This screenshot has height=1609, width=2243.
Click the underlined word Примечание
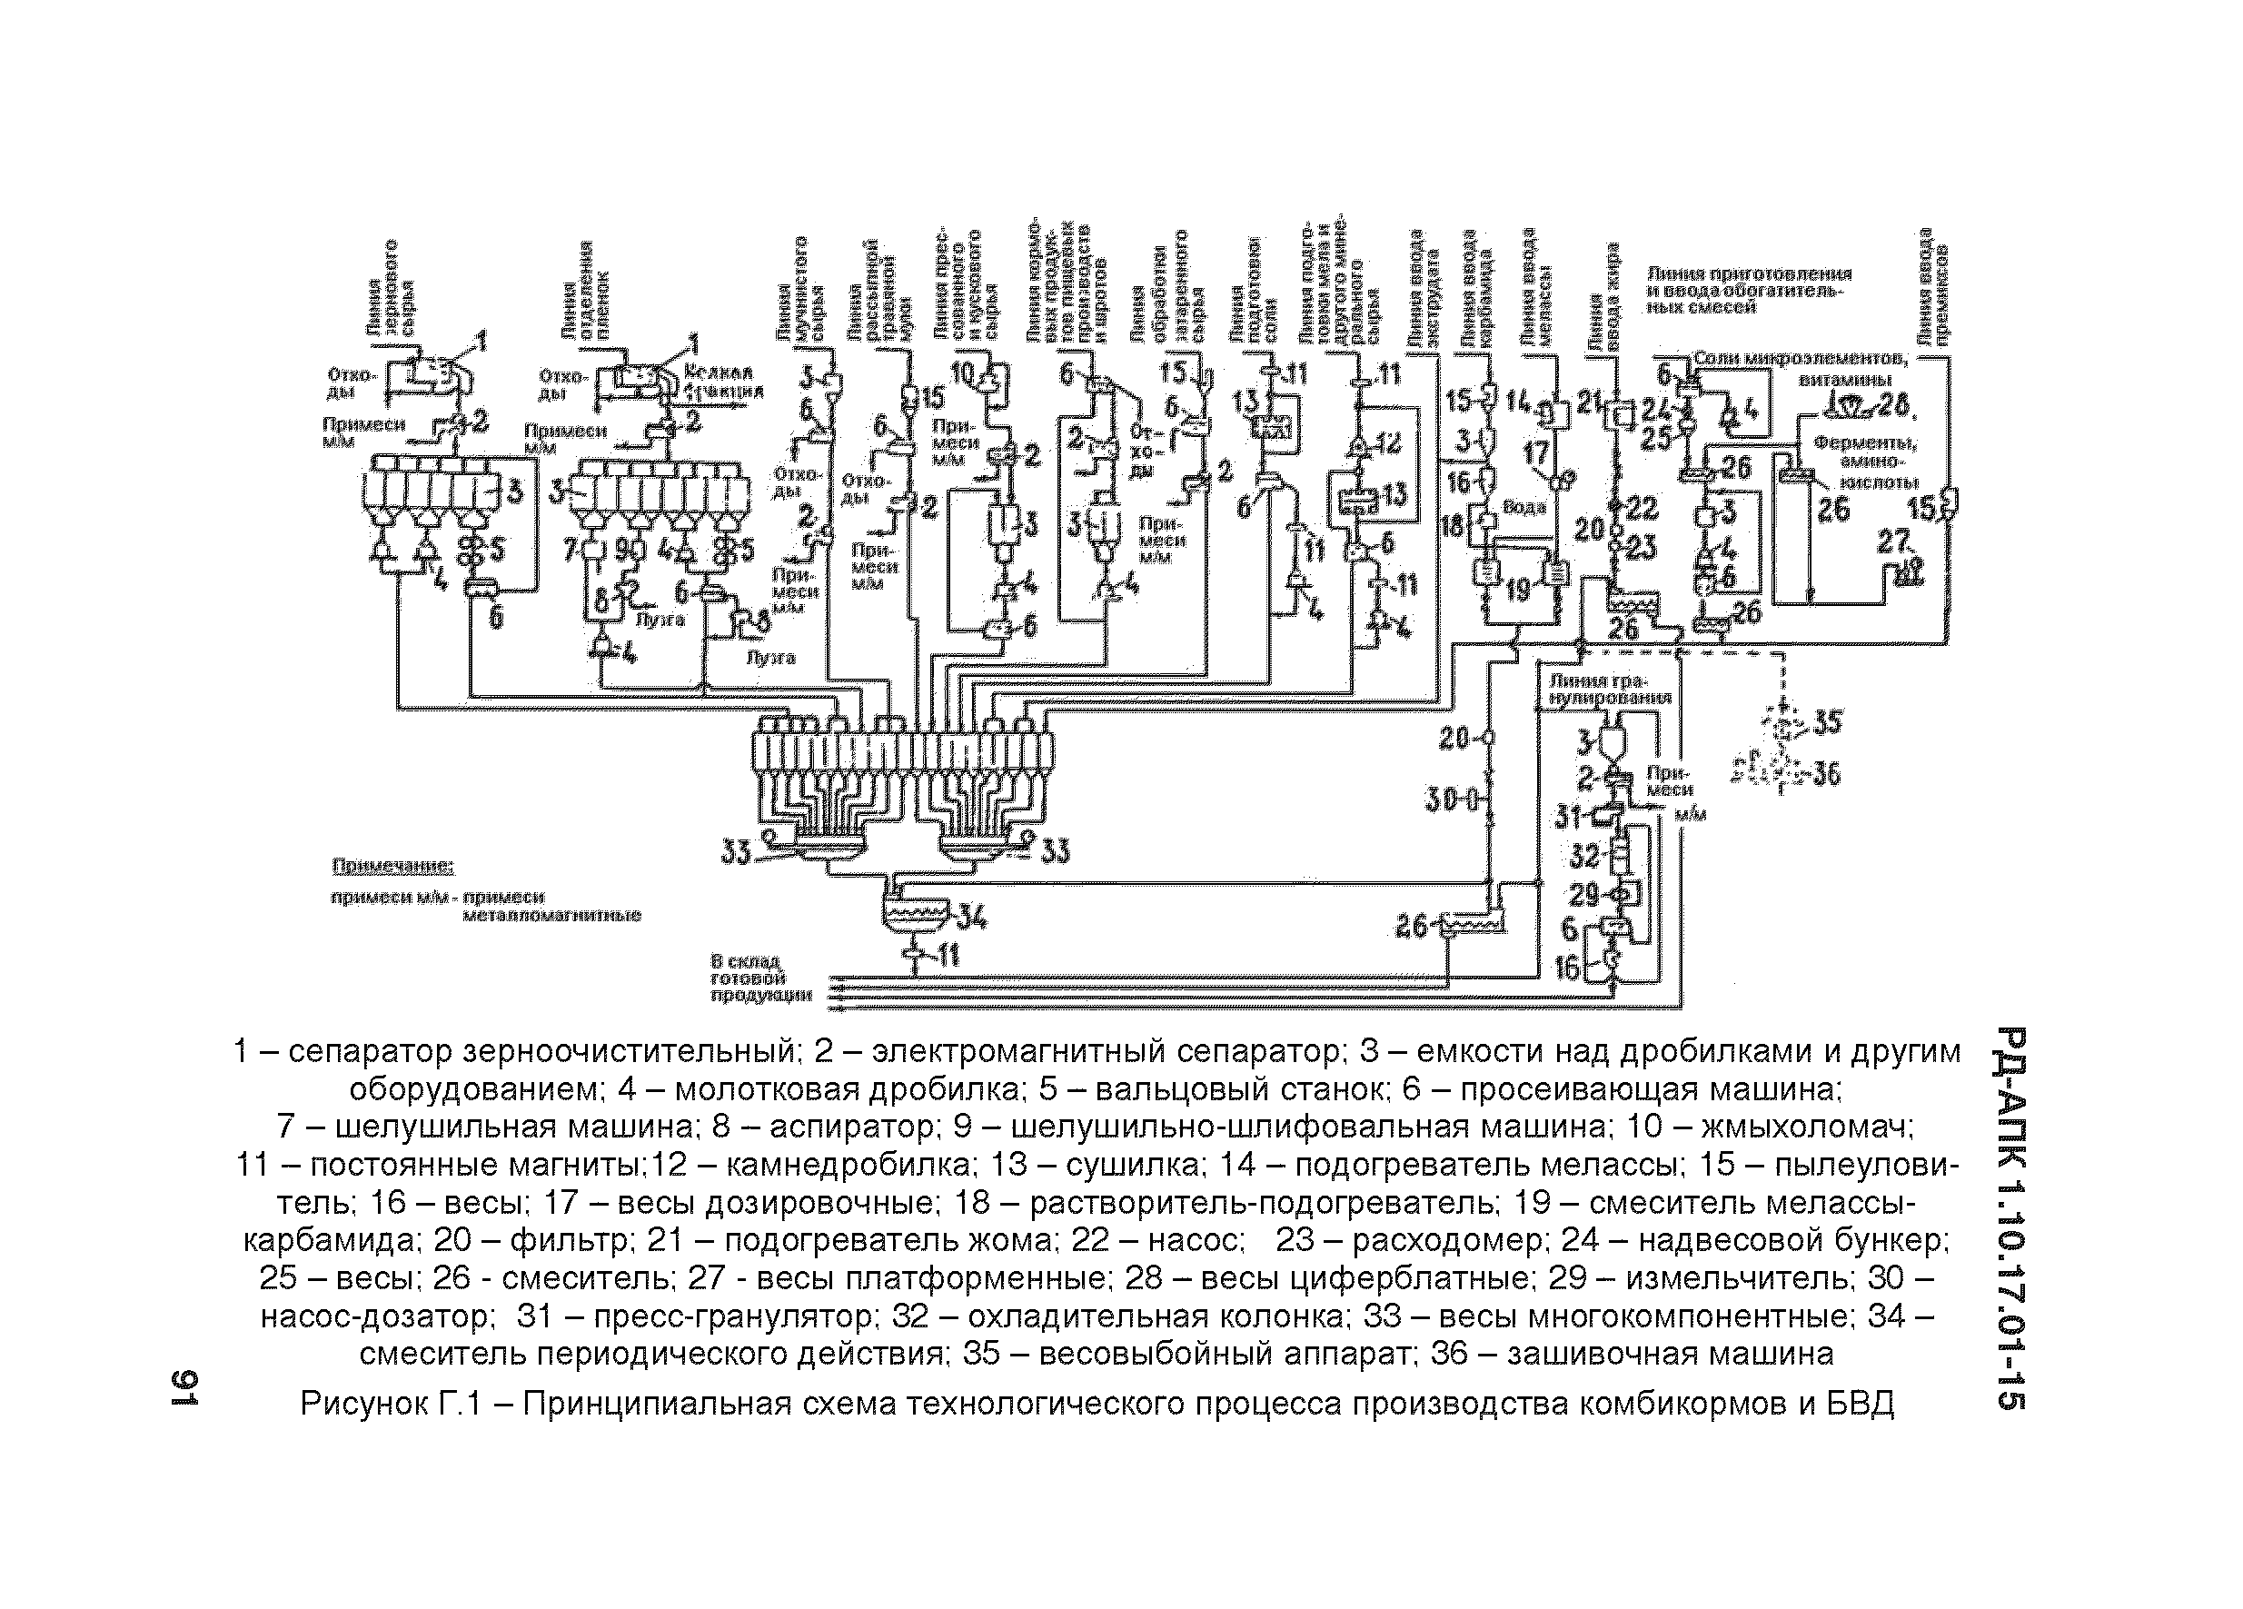point(392,868)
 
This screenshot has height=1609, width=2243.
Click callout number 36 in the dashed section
point(1826,772)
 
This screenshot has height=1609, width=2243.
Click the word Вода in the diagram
point(1524,507)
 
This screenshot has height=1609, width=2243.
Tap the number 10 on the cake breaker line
point(962,372)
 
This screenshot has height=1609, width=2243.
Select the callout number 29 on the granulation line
point(1584,895)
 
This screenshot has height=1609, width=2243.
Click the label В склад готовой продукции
point(759,978)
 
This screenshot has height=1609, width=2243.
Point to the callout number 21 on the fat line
point(1589,402)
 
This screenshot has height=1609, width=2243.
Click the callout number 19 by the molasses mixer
point(1517,591)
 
